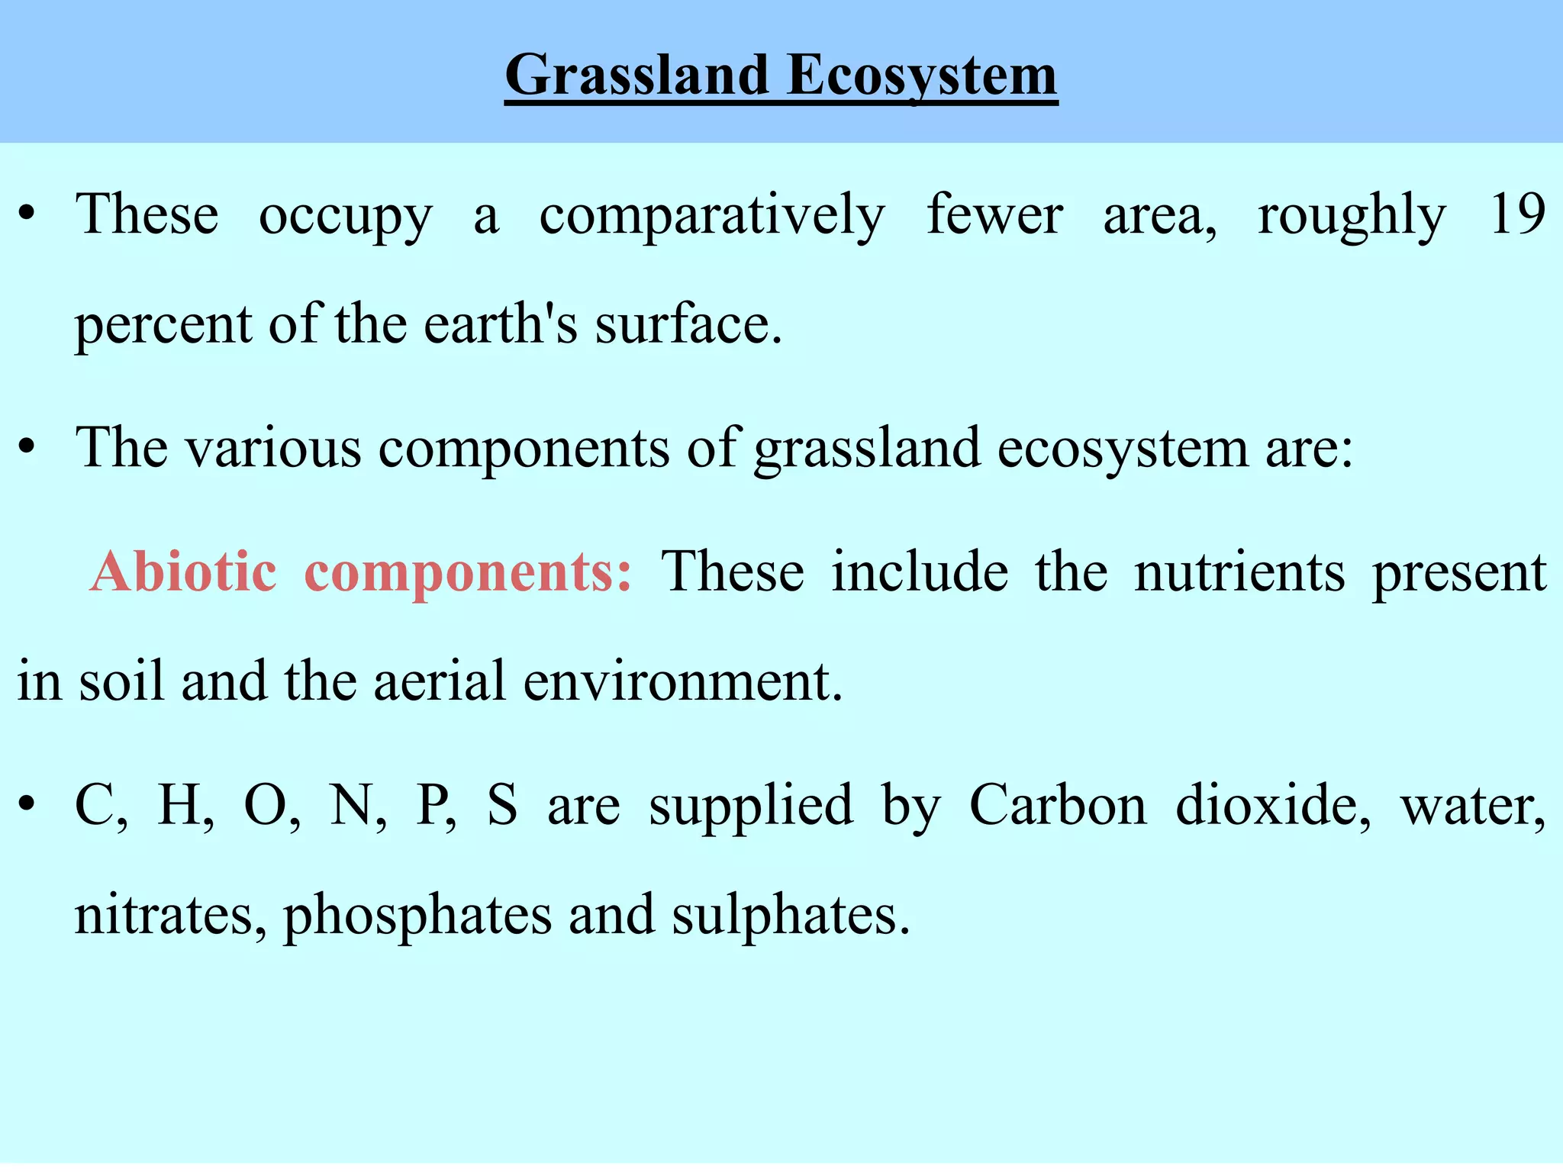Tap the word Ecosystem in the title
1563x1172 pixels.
tap(922, 76)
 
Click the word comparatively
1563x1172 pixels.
tap(711, 216)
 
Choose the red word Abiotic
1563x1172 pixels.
tap(183, 572)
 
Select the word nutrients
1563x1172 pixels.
tap(1239, 572)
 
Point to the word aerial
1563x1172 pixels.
tap(439, 681)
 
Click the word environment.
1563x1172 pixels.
tap(682, 681)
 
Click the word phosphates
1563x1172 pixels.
tap(417, 916)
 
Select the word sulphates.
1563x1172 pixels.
tap(791, 916)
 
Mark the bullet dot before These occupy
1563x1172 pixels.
tap(27, 216)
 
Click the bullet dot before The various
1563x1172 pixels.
tap(27, 449)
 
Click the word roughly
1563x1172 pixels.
tap(1352, 216)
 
